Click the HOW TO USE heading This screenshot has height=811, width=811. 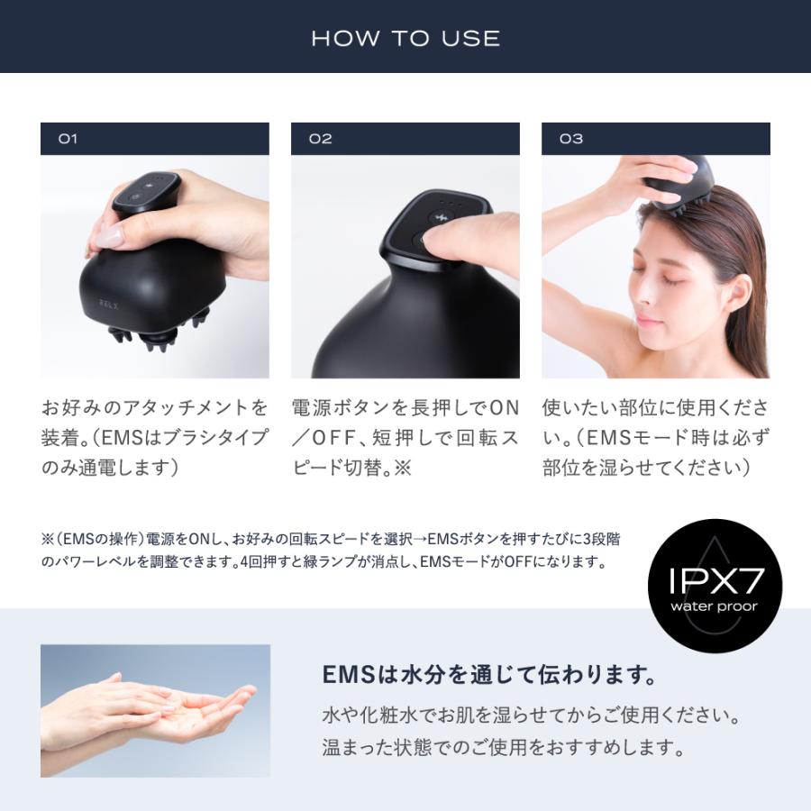pyautogui.click(x=405, y=38)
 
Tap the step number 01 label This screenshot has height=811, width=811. pyautogui.click(x=68, y=139)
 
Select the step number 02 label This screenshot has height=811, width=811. pyautogui.click(x=320, y=139)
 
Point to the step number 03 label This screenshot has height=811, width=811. pyautogui.click(x=571, y=139)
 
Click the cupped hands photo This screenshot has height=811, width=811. pyautogui.click(x=155, y=710)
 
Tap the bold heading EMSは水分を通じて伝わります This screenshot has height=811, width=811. pyautogui.click(x=488, y=674)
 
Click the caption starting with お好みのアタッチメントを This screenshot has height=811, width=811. pyautogui.click(x=155, y=438)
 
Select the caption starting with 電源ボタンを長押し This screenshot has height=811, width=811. pyautogui.click(x=405, y=438)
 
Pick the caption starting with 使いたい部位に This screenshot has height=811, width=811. pyautogui.click(x=655, y=438)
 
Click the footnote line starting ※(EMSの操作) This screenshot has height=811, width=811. pyautogui.click(x=332, y=539)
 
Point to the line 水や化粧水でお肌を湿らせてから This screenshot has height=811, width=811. pyautogui.click(x=532, y=717)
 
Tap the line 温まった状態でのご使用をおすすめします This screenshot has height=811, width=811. pyautogui.click(x=503, y=748)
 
